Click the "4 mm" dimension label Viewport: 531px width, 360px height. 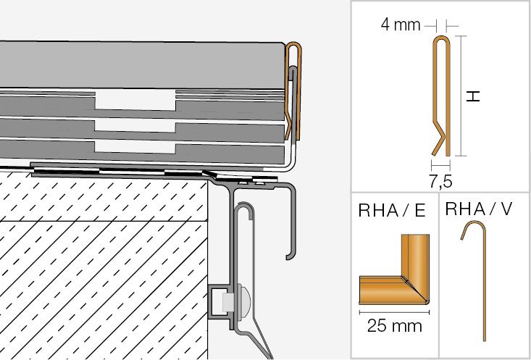tap(401, 25)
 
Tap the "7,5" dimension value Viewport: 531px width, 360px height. tap(440, 182)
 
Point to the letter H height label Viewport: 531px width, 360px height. tap(473, 96)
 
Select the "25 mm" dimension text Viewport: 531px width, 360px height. tap(395, 326)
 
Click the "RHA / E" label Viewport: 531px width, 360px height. tap(391, 211)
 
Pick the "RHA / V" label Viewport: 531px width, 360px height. tap(479, 209)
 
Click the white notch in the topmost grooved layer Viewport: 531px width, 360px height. tap(135, 99)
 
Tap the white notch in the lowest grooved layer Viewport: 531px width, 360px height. tap(135, 146)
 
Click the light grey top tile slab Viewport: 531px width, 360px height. tap(142, 65)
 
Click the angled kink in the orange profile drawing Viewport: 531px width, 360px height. tap(440, 137)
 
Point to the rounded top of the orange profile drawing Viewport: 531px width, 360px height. tap(442, 38)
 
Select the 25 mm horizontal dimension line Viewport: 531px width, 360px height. tap(394, 312)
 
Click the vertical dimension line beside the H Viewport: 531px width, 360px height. tap(461, 96)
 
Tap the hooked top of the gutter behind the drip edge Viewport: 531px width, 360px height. tap(244, 207)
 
